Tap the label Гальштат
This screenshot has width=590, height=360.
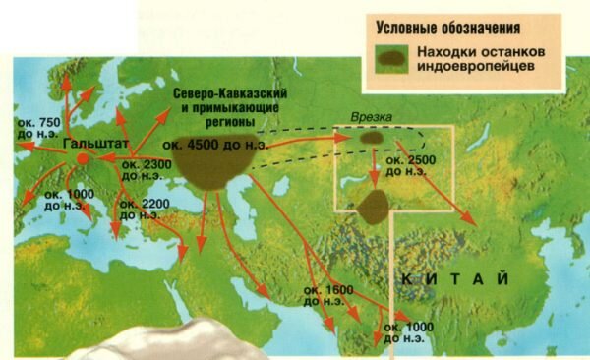89,142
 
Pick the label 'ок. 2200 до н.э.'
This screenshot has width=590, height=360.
140,210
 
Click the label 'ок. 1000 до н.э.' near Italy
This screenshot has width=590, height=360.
68,201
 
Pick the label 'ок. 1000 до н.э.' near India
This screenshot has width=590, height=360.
413,331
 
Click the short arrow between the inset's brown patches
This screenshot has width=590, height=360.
374,173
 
